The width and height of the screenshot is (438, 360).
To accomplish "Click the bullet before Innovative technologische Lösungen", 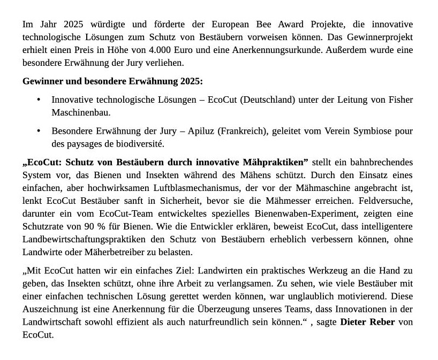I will [39, 100].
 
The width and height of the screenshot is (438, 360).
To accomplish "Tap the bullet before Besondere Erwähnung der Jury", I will [39, 131].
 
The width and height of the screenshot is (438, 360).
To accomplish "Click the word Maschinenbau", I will [81, 113].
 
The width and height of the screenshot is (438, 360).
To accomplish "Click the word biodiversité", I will [139, 144].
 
